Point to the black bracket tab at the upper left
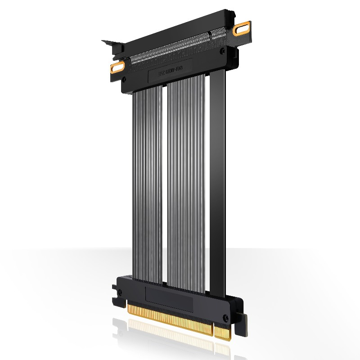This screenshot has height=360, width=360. coord(112,45)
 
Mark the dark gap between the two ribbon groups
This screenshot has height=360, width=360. coord(164,180)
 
